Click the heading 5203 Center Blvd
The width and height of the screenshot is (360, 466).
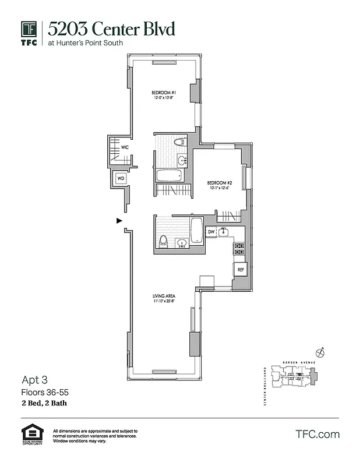click(111, 29)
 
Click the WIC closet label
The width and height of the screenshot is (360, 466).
click(124, 148)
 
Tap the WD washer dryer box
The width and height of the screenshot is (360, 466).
click(121, 178)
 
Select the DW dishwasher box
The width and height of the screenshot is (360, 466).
click(211, 232)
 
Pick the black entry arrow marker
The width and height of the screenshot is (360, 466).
click(119, 221)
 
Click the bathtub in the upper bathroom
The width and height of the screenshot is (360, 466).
click(170, 175)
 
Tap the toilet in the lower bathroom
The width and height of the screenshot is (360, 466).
click(164, 241)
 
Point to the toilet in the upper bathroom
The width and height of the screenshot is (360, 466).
click(180, 142)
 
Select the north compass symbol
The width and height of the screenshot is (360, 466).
click(319, 351)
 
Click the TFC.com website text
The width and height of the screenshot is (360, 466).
click(317, 434)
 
